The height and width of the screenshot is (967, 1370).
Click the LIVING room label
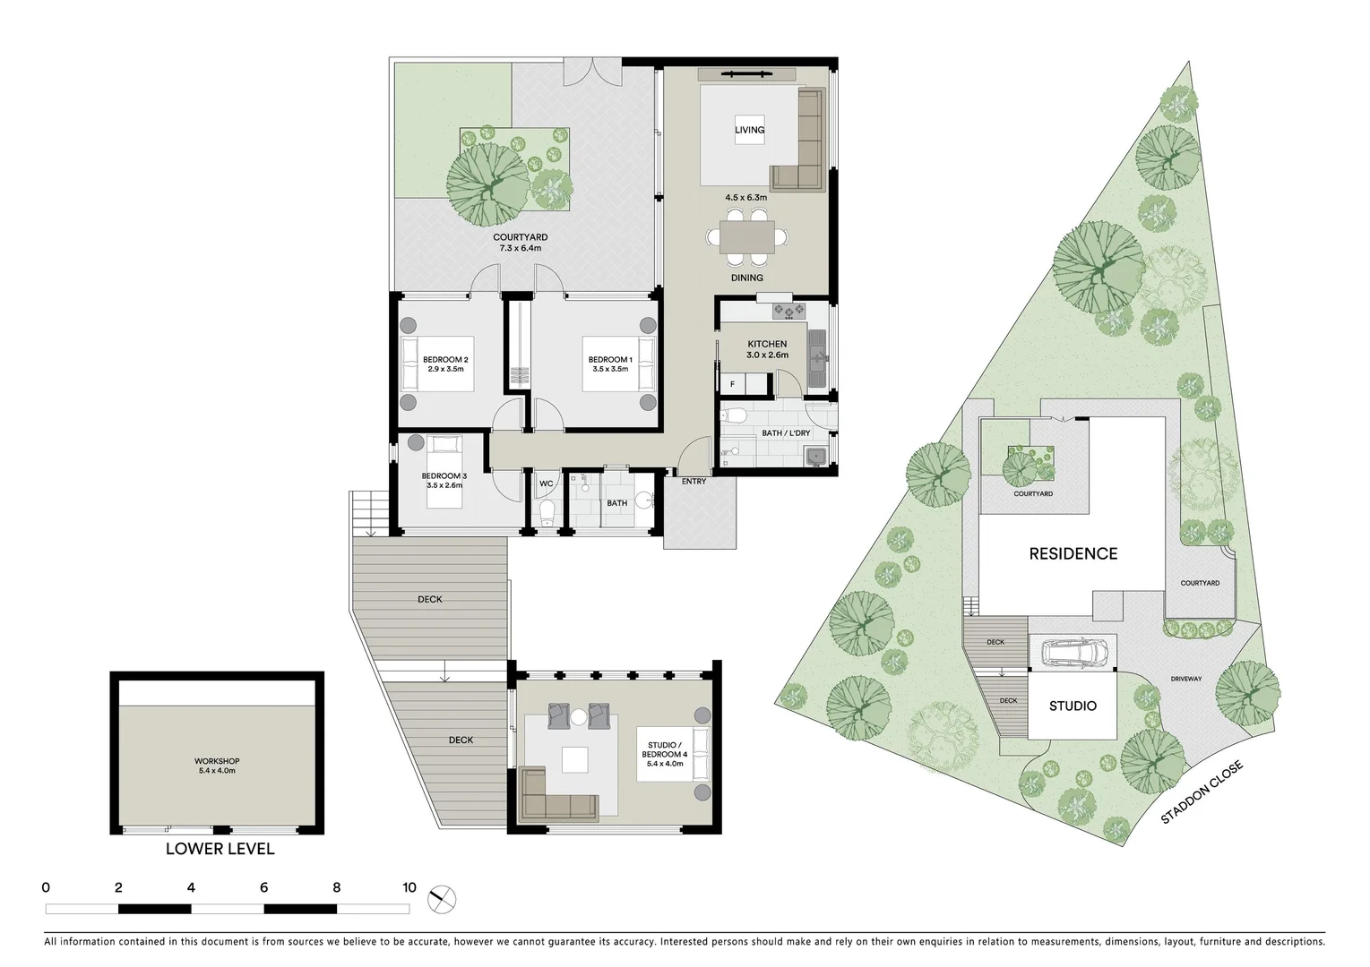pyautogui.click(x=749, y=130)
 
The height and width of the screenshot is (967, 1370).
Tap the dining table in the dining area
pyautogui.click(x=747, y=237)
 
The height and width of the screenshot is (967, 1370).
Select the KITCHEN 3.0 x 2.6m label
pyautogui.click(x=767, y=349)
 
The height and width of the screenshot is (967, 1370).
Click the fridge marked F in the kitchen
pyautogui.click(x=733, y=384)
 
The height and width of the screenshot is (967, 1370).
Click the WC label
pyautogui.click(x=546, y=484)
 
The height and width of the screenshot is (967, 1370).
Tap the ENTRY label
pyautogui.click(x=694, y=482)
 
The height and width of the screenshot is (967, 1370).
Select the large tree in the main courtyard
pyautogui.click(x=487, y=185)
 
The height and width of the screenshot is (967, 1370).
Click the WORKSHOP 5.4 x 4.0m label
pyautogui.click(x=219, y=766)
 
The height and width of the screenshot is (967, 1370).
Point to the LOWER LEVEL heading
pyautogui.click(x=220, y=849)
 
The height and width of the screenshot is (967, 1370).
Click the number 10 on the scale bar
pyautogui.click(x=409, y=888)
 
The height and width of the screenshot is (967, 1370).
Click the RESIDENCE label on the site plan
pyautogui.click(x=1073, y=553)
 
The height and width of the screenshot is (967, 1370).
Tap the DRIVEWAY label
pyautogui.click(x=1185, y=679)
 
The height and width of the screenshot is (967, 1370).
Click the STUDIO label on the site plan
pyautogui.click(x=1073, y=706)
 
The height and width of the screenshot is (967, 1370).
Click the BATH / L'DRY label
pyautogui.click(x=786, y=433)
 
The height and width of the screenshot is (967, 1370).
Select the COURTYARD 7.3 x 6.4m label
pyautogui.click(x=521, y=243)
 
